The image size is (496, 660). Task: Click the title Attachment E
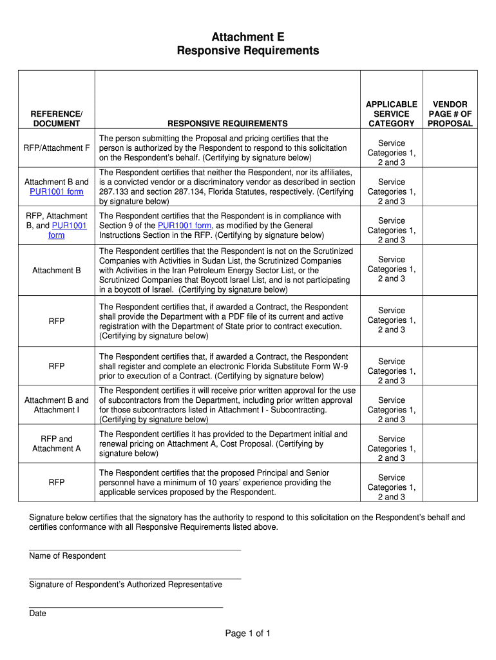[x=248, y=37]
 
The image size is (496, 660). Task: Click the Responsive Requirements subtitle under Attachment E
[x=248, y=51]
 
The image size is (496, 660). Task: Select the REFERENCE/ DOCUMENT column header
[x=57, y=119]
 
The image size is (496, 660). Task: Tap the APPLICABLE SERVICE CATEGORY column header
[x=392, y=113]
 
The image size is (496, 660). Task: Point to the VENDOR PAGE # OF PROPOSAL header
[x=450, y=113]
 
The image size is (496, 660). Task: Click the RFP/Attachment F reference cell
[x=57, y=148]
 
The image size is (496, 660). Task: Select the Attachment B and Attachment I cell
[x=57, y=405]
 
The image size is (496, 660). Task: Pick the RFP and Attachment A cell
[x=57, y=443]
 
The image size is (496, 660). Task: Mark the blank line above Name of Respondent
[x=135, y=549]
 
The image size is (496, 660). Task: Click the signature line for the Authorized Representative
[x=135, y=578]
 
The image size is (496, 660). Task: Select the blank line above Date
[x=126, y=607]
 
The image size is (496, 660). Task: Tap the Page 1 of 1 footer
[x=248, y=634]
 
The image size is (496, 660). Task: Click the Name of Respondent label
[x=68, y=556]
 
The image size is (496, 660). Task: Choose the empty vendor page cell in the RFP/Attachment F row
[x=450, y=148]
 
